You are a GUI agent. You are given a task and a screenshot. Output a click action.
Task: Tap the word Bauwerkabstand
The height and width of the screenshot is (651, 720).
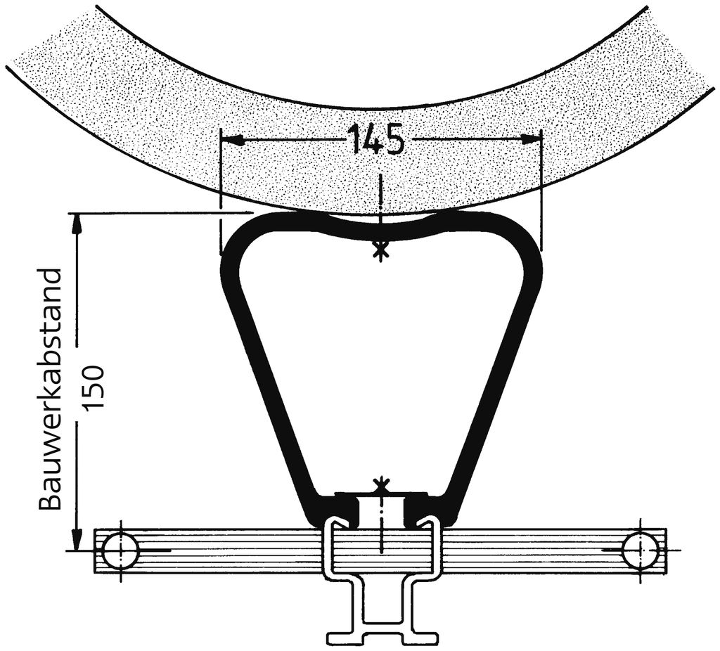50,389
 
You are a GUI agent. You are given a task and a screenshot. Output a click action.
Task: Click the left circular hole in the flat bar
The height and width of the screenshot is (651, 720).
121,550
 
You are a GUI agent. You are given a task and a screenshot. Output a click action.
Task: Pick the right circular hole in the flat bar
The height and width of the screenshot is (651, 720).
639,550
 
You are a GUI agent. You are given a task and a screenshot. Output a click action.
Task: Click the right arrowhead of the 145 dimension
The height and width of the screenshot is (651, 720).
530,139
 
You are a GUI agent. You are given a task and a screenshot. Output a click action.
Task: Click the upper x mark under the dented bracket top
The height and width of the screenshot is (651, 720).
380,250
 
